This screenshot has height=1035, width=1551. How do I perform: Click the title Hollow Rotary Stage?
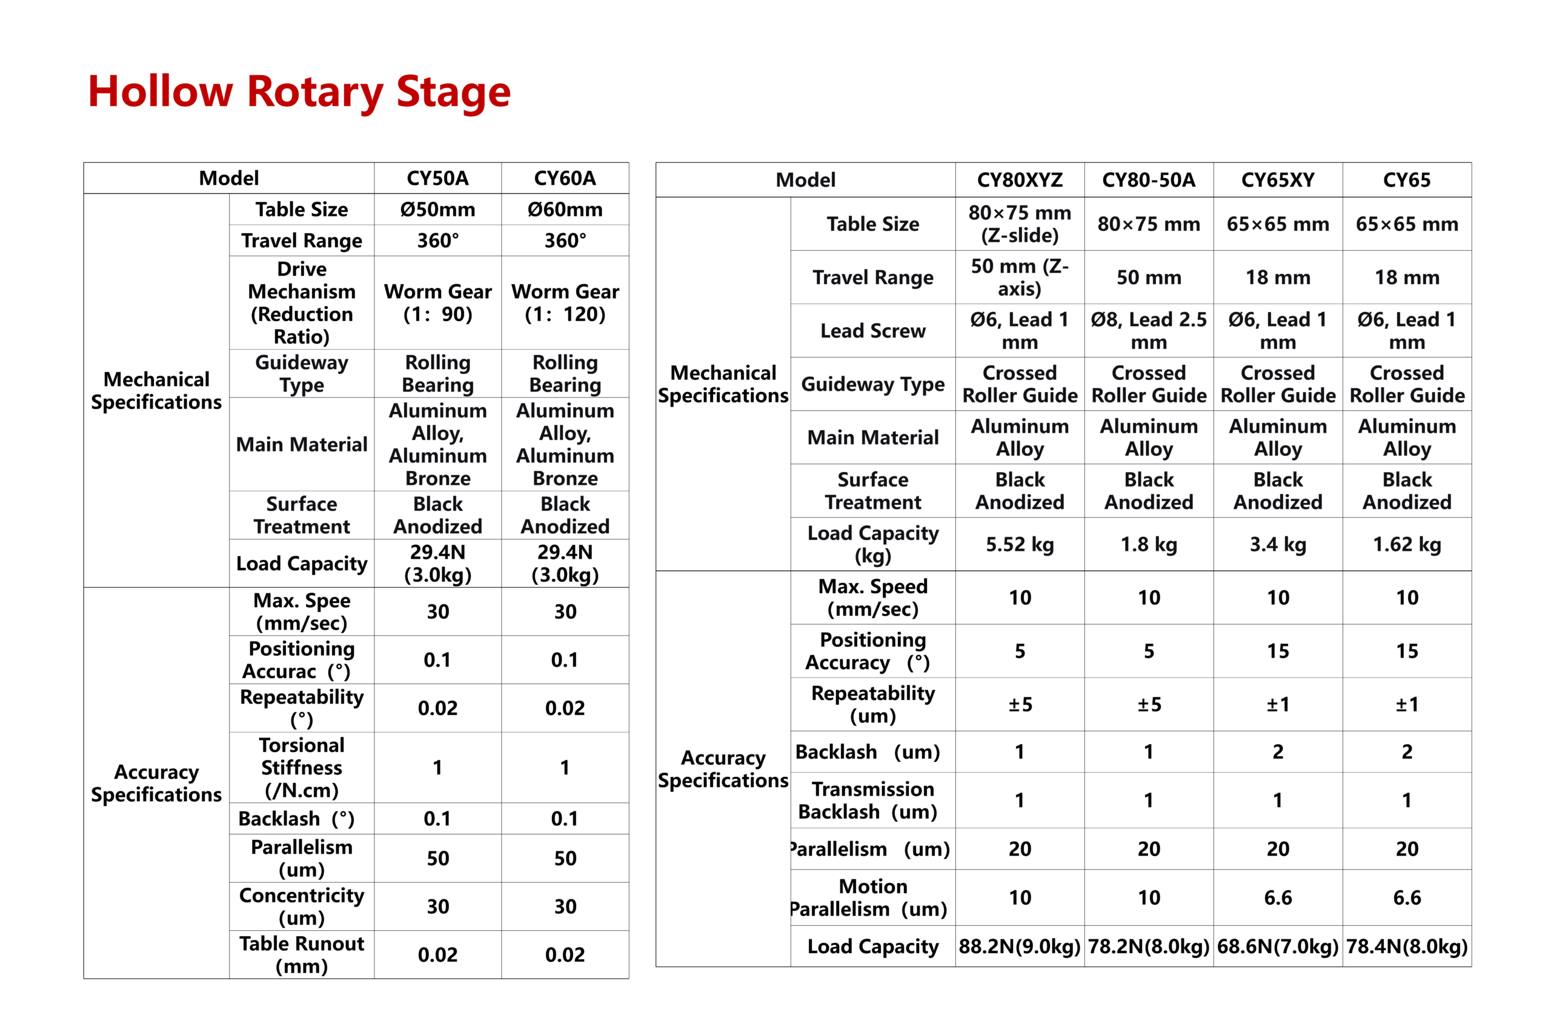pos(299,91)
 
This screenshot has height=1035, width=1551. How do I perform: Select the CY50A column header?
pos(437,178)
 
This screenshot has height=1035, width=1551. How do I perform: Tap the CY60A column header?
pos(564,178)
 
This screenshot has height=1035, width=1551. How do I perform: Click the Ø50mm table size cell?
pos(437,209)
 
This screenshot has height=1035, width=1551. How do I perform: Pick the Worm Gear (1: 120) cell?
pos(564,302)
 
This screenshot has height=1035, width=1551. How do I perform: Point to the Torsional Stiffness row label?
pos(302,767)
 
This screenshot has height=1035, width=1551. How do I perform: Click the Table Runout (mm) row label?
pos(302,954)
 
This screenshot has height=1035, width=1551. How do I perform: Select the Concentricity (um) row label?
pos(302,907)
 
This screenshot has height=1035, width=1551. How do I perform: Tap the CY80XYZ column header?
pos(1019,179)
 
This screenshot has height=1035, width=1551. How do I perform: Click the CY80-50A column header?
pos(1148,179)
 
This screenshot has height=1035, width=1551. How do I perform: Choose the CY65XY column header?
pos(1277,179)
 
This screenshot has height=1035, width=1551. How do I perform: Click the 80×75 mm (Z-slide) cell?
pos(1019,224)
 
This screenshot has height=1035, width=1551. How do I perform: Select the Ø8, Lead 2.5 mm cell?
pos(1148,331)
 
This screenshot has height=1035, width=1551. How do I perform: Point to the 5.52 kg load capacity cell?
pos(1019,544)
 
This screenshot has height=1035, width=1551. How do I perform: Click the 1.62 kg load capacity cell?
pos(1406,544)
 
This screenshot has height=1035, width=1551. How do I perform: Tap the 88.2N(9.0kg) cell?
pos(1019,946)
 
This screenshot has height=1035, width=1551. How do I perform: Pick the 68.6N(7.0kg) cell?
pos(1277,946)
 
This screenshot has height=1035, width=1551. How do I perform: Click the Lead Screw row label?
pos(872,331)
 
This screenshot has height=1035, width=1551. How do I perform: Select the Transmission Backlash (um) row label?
pos(872,800)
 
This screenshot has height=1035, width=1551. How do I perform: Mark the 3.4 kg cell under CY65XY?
pos(1277,544)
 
